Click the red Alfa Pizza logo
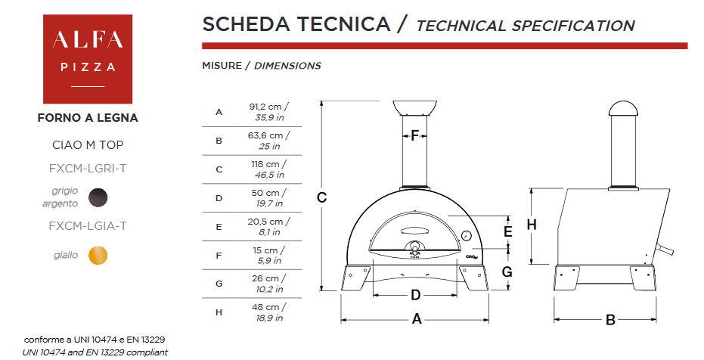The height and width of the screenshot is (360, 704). coord(88,59)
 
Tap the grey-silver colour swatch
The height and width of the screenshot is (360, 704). coord(98,197)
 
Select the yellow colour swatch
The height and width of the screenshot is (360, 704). coord(98,256)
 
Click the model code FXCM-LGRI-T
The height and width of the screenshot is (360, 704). coord(88,169)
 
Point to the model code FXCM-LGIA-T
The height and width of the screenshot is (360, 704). coord(88,226)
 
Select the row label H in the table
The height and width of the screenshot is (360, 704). coord(219,312)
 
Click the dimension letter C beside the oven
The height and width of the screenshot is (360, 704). coord(322,197)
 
